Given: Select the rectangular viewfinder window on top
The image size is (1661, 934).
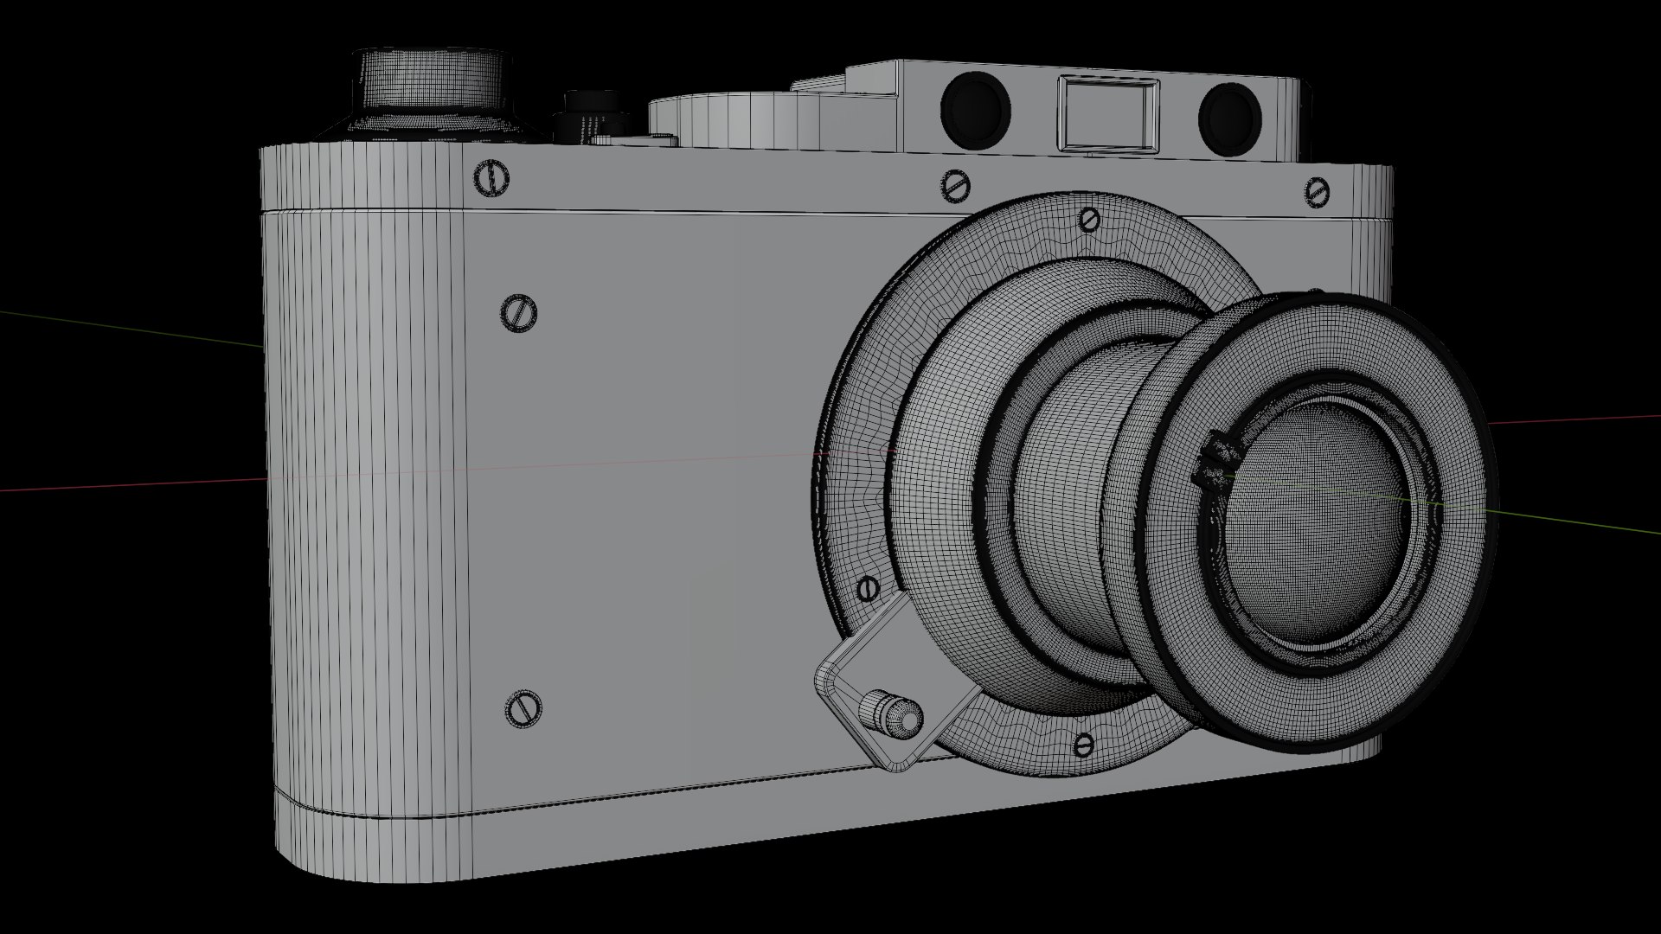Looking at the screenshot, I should (1109, 112).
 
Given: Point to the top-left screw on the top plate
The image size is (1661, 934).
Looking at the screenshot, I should (492, 178).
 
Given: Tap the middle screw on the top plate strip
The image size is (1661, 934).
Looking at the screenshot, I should (956, 185).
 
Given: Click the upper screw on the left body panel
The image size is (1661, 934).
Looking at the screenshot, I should (519, 311).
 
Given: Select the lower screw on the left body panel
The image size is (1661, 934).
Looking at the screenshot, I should (522, 708).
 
